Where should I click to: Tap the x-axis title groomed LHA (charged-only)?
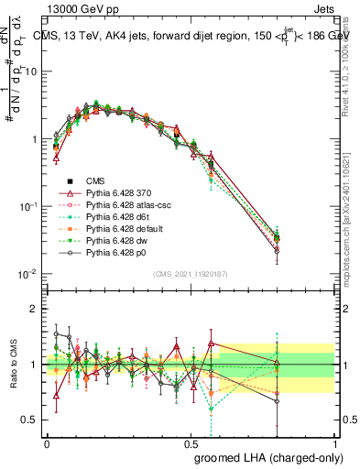265,457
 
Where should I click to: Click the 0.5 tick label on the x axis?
191,442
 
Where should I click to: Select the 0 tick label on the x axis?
47,442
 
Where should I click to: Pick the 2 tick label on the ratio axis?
32,310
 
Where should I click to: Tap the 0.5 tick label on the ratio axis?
28,420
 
